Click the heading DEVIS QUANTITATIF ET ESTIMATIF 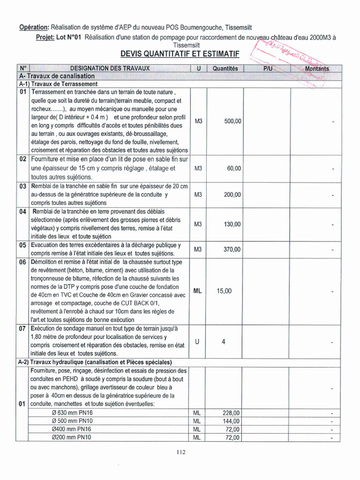[x=180, y=55]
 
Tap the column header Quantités [x=225, y=68]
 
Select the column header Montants [x=317, y=68]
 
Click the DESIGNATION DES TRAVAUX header [x=110, y=68]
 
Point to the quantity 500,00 [x=232, y=121]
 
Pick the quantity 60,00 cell [x=234, y=168]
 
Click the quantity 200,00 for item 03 [x=232, y=195]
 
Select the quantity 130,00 [x=232, y=224]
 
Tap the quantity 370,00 [x=232, y=249]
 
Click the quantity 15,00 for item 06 [x=224, y=291]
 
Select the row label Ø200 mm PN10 [x=71, y=437]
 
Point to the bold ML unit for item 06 [x=198, y=291]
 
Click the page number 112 [x=181, y=452]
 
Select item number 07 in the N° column [x=22, y=329]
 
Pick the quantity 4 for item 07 [x=224, y=342]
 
